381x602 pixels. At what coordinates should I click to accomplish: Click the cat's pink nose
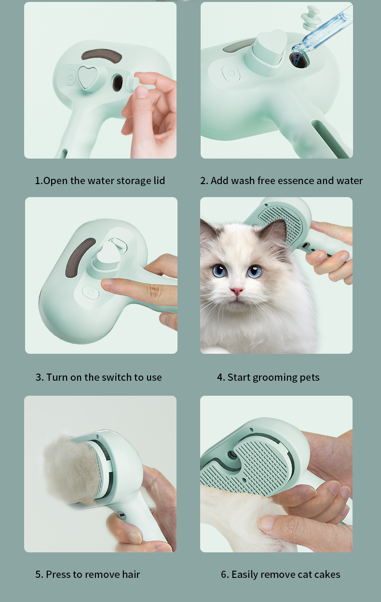click(237, 291)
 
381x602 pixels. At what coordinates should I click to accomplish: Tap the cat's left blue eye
click(220, 270)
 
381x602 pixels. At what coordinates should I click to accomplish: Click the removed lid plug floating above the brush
click(311, 17)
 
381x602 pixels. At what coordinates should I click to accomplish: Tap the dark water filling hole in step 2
click(299, 59)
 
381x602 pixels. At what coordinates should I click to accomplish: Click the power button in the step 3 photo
click(91, 292)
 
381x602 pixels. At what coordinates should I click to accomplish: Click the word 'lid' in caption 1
click(159, 180)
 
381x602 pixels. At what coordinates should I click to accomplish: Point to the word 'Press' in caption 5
click(57, 575)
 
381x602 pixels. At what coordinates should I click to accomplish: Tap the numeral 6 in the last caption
click(224, 575)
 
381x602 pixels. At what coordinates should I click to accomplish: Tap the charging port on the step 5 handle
click(122, 515)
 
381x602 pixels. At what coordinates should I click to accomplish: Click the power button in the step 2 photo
click(231, 73)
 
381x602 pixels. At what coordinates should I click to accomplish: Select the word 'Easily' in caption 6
click(244, 575)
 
